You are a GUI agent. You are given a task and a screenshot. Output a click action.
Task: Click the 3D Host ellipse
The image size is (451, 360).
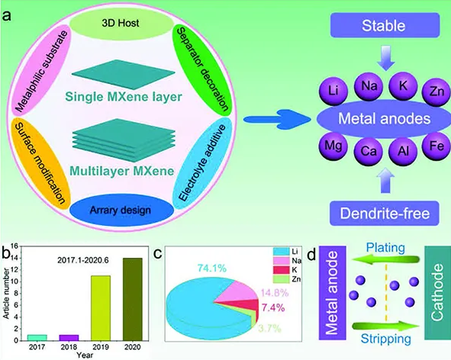pos(121,23)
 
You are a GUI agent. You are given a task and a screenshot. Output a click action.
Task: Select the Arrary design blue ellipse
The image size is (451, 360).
pos(121,211)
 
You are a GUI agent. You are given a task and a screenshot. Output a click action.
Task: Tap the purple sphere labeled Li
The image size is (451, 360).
pos(333,91)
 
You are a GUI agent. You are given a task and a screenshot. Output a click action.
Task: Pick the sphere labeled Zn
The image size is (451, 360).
pos(437,92)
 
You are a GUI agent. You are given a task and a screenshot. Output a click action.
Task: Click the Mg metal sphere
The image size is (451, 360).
pos(333,146)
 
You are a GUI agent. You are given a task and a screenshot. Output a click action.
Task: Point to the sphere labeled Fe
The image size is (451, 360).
pos(437,146)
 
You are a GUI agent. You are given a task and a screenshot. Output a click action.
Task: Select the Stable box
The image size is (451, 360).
pos(385,25)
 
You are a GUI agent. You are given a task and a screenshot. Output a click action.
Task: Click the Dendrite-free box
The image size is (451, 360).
pos(385,213)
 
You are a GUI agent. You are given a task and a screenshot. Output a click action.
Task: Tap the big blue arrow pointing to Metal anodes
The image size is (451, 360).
pos(277,119)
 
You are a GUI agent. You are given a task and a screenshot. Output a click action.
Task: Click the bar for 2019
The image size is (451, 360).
pos(101,308)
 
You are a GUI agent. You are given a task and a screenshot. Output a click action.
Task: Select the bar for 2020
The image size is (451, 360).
pos(133,299)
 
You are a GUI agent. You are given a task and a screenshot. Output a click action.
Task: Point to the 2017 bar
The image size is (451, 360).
pos(37,338)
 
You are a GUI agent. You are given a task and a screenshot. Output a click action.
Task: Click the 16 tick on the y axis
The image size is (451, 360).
pos(14,246)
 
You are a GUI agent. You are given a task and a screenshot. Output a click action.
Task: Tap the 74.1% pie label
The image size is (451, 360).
pos(212,268)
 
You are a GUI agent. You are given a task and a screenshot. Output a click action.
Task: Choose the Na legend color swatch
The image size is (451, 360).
pos(281,261)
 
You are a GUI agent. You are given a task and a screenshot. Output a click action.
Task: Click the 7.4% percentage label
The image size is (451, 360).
pos(273,307)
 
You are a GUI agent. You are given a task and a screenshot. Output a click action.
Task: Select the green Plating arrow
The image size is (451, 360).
pos(385,259)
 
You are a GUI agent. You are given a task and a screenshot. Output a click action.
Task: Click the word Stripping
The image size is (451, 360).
pos(385,339)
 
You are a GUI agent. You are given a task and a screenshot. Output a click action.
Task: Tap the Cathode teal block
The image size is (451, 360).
pos(438,293)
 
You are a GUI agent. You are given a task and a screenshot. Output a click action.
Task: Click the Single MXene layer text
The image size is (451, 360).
pos(124,97)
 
